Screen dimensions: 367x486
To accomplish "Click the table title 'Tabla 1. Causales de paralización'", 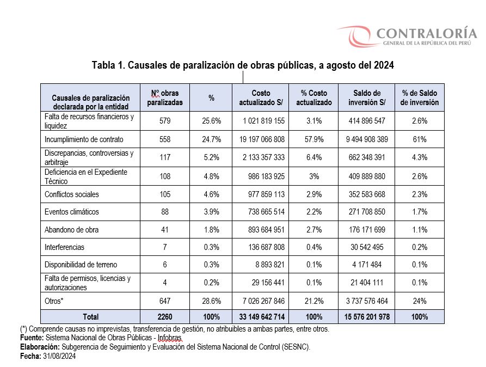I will coord(242,65).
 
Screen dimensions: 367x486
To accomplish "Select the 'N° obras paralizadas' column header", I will coord(165,97).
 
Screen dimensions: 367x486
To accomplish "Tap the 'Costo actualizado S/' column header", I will coord(261,97).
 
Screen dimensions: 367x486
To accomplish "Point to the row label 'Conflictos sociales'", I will coord(72,194).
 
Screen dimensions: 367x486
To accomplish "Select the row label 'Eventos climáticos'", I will coord(72,212).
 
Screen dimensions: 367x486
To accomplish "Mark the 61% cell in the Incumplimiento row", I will coord(420,140).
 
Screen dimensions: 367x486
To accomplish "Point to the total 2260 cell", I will coord(165,317).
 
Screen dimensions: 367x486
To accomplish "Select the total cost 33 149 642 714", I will coord(261,317).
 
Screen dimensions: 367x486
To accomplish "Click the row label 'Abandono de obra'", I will coord(72,230).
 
